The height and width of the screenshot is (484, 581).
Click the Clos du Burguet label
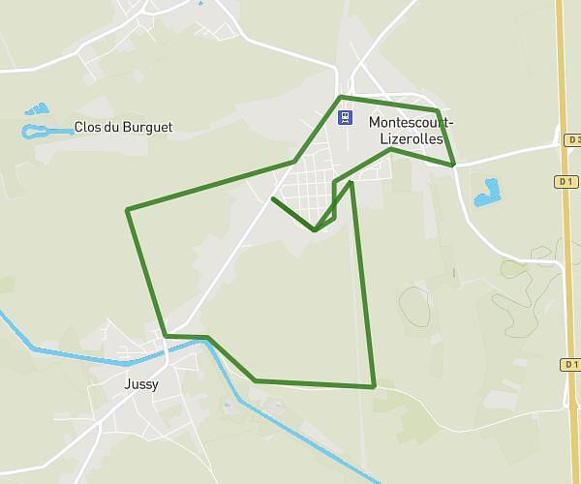pos(123,127)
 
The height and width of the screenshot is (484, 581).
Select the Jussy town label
pos(141,383)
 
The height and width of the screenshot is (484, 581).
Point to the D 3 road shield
pos(572,140)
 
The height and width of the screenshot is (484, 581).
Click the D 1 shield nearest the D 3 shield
pos(566,181)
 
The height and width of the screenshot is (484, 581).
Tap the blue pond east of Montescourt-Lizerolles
pos(487,192)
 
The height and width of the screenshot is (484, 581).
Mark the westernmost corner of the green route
pos(128,209)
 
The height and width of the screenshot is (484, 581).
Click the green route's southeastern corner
pos(374,386)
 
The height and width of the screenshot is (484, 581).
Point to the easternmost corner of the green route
pos(453,166)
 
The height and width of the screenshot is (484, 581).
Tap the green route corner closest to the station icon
pos(339,98)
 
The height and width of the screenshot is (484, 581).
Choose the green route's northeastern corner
pos(438,111)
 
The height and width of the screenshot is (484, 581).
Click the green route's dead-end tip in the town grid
pos(273,198)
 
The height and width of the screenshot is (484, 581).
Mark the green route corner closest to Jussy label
pos(167,335)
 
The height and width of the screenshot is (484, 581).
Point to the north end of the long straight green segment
pos(351,181)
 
